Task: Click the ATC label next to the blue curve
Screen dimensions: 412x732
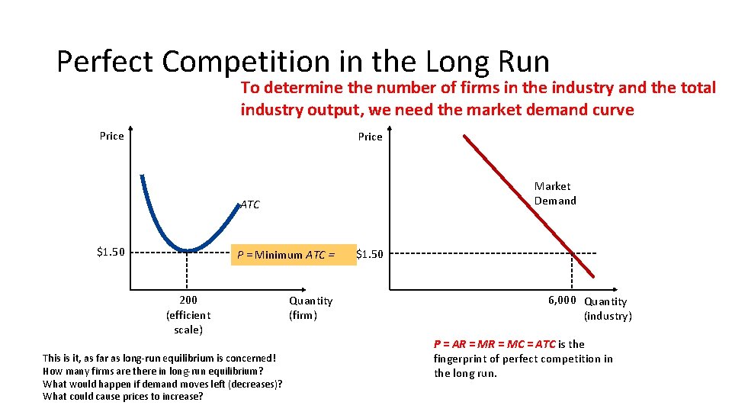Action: (250, 204)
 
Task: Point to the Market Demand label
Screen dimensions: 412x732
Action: (555, 194)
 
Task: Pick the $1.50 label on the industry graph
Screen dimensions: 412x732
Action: (370, 254)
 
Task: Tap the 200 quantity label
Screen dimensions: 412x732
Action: (188, 301)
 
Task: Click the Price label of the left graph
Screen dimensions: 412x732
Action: (111, 136)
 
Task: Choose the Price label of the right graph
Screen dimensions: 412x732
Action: (370, 137)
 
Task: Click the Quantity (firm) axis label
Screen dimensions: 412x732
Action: (310, 308)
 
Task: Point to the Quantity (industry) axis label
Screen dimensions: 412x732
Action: (607, 309)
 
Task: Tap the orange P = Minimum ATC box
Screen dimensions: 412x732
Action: (294, 254)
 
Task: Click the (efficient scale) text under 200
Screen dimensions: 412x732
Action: (188, 322)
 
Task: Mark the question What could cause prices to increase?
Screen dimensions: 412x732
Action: (123, 396)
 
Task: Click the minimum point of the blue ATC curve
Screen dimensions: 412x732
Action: (188, 249)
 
